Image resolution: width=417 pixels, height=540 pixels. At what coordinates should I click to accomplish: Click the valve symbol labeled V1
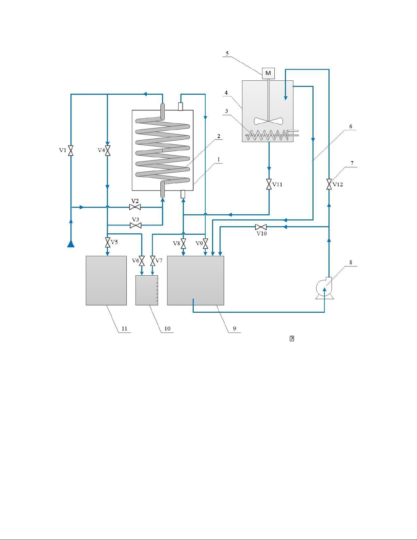click(x=71, y=150)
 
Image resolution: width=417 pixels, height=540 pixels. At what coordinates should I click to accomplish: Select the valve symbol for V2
click(x=135, y=207)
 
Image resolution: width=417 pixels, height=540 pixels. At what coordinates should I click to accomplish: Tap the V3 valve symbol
click(x=136, y=225)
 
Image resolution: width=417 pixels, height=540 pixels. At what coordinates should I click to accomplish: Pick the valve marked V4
click(x=108, y=150)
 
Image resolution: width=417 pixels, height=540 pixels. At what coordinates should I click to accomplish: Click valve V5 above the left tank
click(x=108, y=243)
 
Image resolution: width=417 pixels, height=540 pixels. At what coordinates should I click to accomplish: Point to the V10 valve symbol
click(x=261, y=227)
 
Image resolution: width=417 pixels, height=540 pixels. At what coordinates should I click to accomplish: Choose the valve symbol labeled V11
click(x=269, y=184)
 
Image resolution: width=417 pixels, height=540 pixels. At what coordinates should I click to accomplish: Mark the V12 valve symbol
click(x=329, y=184)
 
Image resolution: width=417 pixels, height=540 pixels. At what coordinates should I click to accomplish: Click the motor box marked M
click(x=268, y=73)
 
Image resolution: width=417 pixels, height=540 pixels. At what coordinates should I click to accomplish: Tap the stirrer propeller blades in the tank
click(x=268, y=121)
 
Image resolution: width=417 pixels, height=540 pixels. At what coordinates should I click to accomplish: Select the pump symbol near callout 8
click(x=324, y=289)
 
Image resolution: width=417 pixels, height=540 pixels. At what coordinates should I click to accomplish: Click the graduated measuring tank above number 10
click(x=147, y=290)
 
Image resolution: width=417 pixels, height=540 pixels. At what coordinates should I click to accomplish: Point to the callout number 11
click(x=124, y=328)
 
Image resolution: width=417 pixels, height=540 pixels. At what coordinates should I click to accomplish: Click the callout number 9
click(x=235, y=328)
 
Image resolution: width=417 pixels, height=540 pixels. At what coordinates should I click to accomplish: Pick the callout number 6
click(x=351, y=126)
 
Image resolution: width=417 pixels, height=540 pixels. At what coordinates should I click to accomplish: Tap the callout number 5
click(x=227, y=53)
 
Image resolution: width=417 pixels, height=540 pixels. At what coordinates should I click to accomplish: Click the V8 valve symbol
click(x=183, y=244)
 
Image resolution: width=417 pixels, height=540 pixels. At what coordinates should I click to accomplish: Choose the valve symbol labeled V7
click(x=153, y=261)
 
